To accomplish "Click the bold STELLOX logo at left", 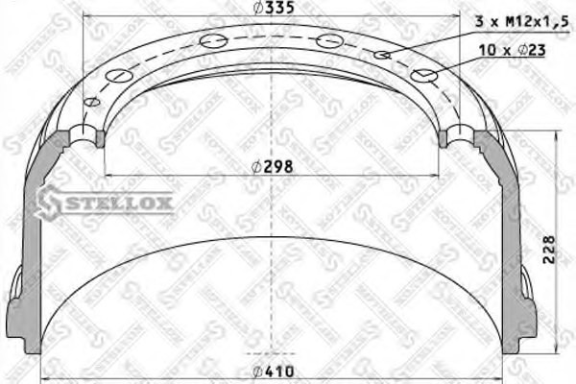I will pyautogui.click(x=105, y=201).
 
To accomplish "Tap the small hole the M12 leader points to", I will pyautogui.click(x=382, y=55).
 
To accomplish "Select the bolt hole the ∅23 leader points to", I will pyautogui.click(x=423, y=75).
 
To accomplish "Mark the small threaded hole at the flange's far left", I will pyautogui.click(x=93, y=103).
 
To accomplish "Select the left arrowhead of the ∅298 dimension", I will pyautogui.click(x=106, y=175).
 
